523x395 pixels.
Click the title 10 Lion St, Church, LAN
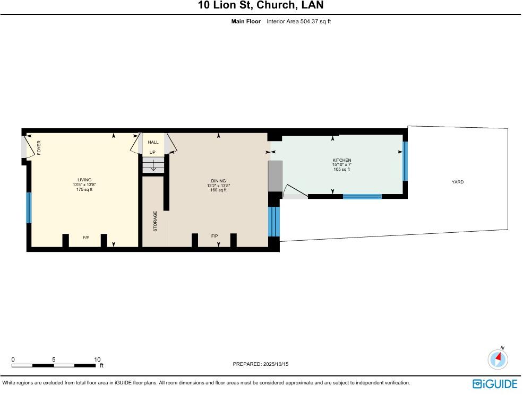[x=260, y=6]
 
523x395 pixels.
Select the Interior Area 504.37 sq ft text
[x=298, y=21]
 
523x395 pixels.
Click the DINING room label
[x=218, y=181]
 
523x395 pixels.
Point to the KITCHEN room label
[x=341, y=160]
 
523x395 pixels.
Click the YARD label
[x=457, y=182]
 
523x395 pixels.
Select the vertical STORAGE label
[x=156, y=221]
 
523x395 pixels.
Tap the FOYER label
[x=39, y=148]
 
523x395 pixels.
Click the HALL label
[x=153, y=142]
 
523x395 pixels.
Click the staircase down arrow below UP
[x=153, y=165]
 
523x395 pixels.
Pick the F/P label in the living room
[x=85, y=238]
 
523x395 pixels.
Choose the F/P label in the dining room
[x=215, y=236]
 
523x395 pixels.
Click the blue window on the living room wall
[x=29, y=208]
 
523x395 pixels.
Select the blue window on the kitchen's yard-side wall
[x=405, y=161]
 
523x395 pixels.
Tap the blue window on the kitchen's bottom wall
[x=362, y=197]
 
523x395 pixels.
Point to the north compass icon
[x=498, y=359]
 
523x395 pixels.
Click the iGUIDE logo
[x=494, y=383]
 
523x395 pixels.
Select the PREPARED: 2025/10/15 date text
[x=260, y=364]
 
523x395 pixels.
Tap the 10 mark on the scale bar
[x=97, y=359]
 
